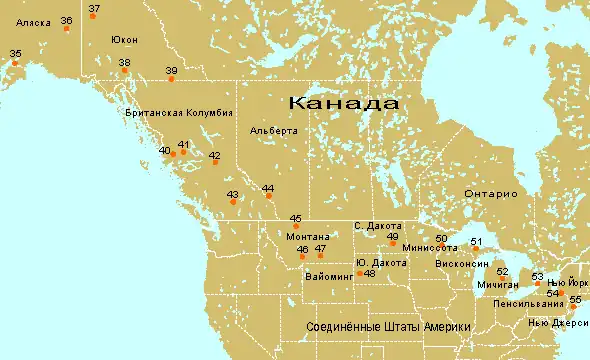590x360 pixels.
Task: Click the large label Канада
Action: (343, 104)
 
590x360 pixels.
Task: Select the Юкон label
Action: (124, 40)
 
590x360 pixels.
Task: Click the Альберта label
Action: (274, 131)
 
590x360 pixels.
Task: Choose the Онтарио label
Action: (490, 193)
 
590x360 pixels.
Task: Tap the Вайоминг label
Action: (329, 274)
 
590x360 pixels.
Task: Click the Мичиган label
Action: (499, 285)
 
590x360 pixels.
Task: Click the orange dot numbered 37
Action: (90, 17)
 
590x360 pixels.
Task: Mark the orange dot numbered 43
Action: (233, 202)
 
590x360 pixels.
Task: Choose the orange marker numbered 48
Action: (359, 273)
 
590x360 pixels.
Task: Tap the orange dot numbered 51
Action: (476, 250)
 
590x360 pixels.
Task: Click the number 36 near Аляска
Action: (66, 20)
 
